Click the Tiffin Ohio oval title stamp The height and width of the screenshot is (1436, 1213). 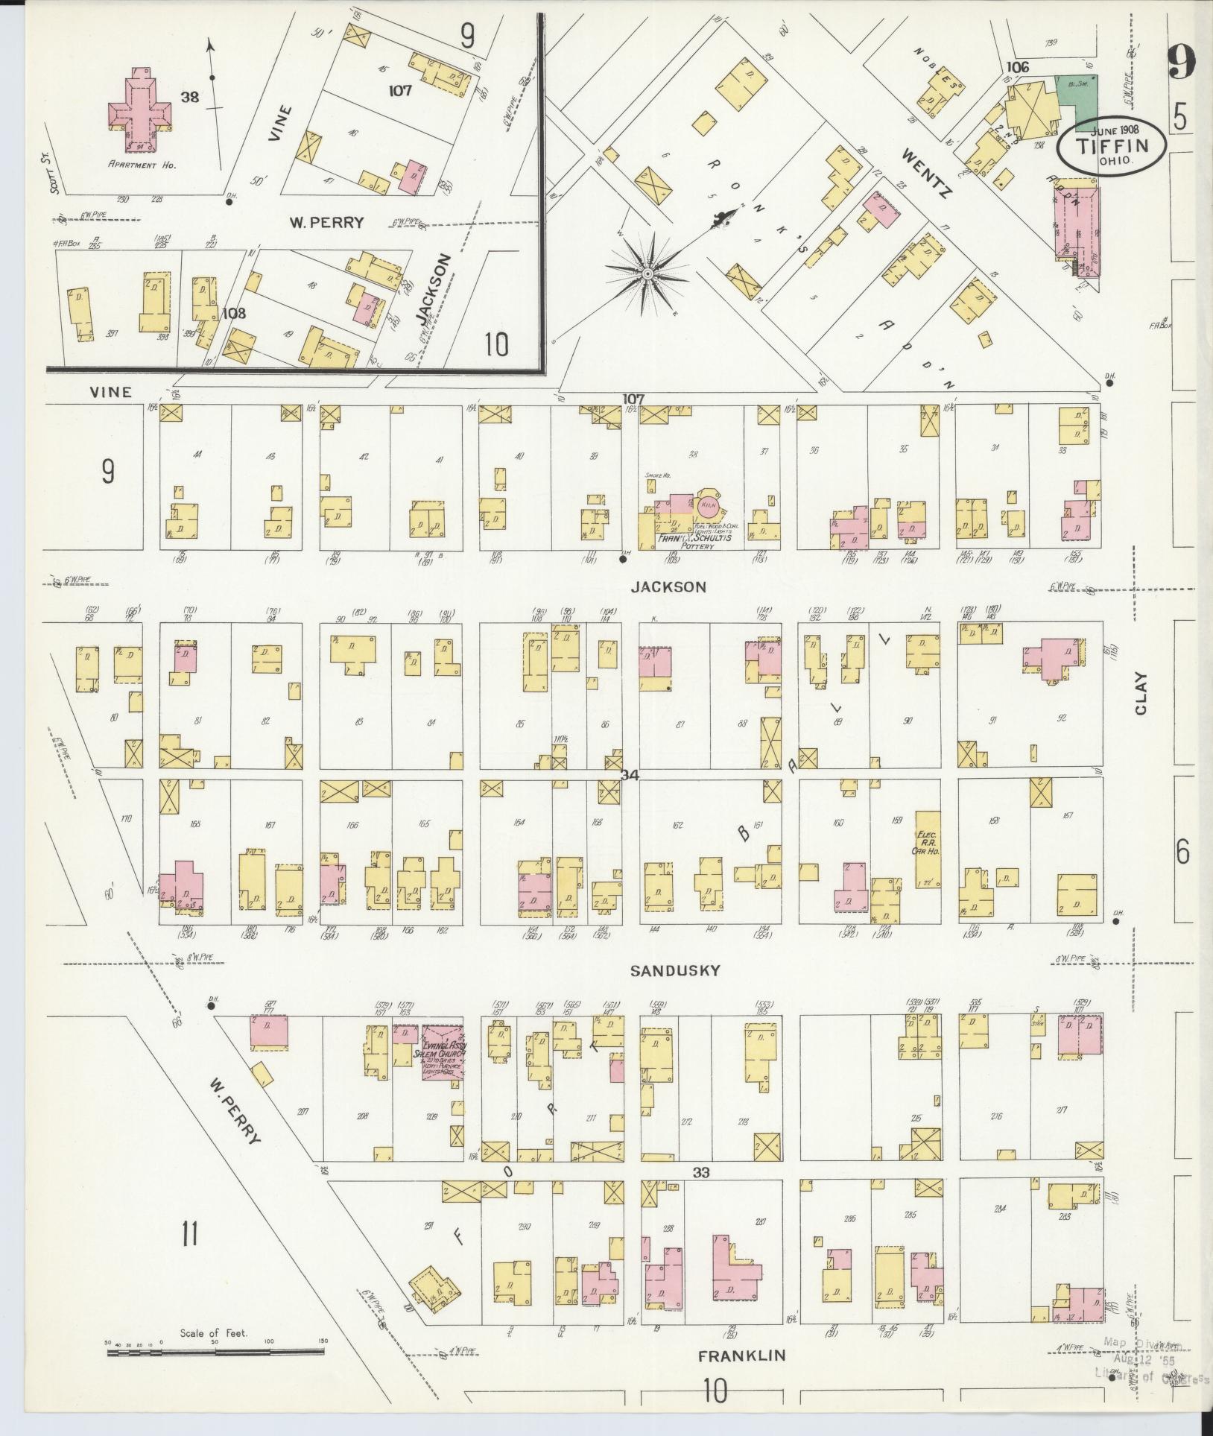1110,148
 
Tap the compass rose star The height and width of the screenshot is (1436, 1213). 647,275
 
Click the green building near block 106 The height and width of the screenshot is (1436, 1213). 1076,95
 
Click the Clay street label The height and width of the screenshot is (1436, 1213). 1141,694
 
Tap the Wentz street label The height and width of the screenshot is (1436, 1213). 927,173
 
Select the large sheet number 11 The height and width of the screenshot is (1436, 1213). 189,1234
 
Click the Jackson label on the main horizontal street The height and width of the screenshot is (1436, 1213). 668,586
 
